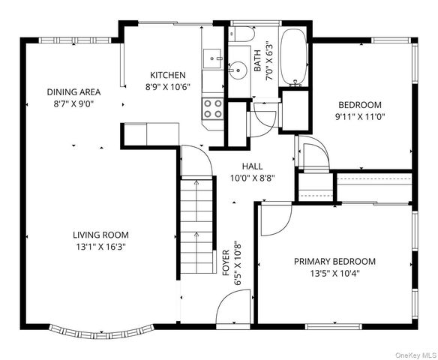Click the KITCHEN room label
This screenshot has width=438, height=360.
coord(167,75)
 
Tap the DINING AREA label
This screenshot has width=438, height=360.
coord(73,92)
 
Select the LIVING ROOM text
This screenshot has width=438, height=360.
coord(100,235)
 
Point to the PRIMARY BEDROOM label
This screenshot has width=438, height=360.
coord(334,262)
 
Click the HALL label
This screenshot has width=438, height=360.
coord(252,166)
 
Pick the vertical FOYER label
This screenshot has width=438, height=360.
coord(226,262)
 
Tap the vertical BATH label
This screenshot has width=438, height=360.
coord(257,60)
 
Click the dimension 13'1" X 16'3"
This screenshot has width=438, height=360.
coord(100,247)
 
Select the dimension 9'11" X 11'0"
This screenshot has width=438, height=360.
coord(360,117)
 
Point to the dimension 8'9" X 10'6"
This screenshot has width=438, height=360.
coord(167,87)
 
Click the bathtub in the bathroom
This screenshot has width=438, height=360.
coord(293,57)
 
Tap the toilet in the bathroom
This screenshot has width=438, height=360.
coord(241,34)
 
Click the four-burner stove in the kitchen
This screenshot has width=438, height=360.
coord(213,109)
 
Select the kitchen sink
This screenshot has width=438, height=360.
coord(213,58)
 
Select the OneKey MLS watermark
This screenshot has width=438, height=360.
coord(416,355)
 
